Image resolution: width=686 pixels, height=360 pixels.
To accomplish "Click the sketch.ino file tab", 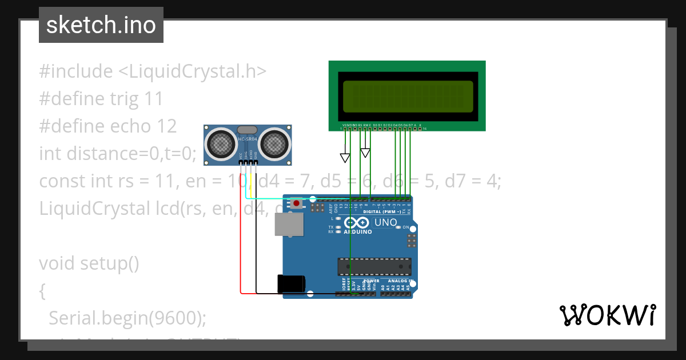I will pos(101,25).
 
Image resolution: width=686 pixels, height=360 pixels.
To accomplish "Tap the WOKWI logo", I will pos(607,315).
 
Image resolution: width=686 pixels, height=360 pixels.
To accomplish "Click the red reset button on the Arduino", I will pos(297,203).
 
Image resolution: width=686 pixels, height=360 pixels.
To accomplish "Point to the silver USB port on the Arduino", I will pos(290,225).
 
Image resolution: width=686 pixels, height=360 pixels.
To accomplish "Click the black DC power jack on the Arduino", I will pos(291,284).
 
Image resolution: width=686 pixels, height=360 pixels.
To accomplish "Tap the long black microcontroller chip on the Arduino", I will pos(374,267).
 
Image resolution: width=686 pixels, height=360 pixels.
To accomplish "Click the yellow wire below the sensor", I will pos(251,182).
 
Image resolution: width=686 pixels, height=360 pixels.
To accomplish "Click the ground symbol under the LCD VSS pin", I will pos(345,158).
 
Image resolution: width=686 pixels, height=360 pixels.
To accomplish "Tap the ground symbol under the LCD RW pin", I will pos(365,153).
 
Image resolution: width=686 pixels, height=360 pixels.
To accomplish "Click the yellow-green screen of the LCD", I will pos(408,96).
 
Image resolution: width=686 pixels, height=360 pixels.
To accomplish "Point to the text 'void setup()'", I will pos(89,263).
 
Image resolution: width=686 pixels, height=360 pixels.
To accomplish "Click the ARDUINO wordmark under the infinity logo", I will pos(358,232).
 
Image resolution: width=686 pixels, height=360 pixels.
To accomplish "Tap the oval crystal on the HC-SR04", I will pos(248,130).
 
